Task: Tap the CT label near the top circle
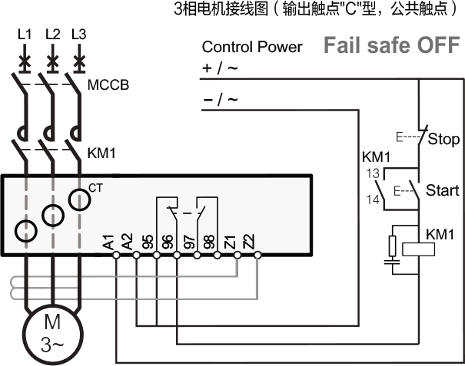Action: (x=96, y=187)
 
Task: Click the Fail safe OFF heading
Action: (x=391, y=45)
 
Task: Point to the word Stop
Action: (x=443, y=140)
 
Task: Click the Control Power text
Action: (x=252, y=47)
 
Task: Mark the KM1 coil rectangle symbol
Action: (x=417, y=249)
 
